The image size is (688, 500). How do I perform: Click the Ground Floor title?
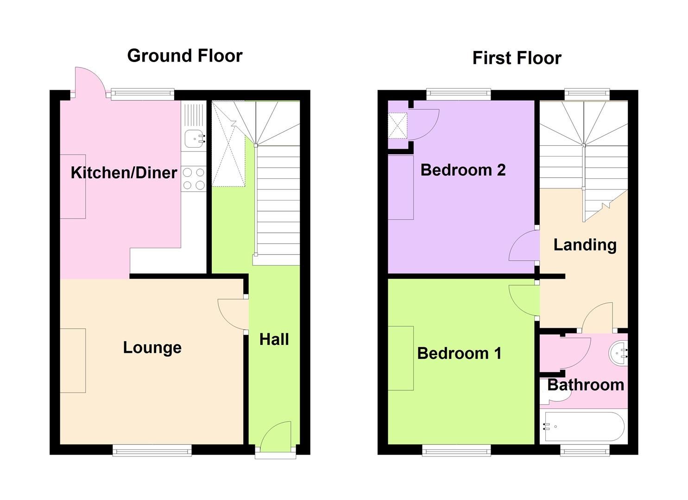(x=184, y=56)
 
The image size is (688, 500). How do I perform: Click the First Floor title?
(x=517, y=58)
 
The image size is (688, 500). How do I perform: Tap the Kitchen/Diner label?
(x=124, y=173)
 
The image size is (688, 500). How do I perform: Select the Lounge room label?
(x=152, y=347)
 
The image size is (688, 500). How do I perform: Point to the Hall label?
(x=274, y=339)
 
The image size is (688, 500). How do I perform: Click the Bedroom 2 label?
(x=462, y=170)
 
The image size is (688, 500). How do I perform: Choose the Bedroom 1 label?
(x=459, y=353)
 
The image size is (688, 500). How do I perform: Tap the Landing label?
(x=585, y=244)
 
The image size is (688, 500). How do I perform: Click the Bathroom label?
(x=586, y=385)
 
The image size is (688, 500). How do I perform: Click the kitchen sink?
(x=194, y=138)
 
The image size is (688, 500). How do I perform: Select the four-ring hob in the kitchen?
(x=194, y=179)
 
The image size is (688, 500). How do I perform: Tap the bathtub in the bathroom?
(x=584, y=426)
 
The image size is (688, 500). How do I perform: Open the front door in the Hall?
(x=276, y=437)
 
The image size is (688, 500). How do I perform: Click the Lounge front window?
(x=152, y=450)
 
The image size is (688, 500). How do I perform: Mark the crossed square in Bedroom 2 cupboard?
(x=398, y=125)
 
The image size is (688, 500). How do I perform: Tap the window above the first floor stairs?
(x=587, y=94)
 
